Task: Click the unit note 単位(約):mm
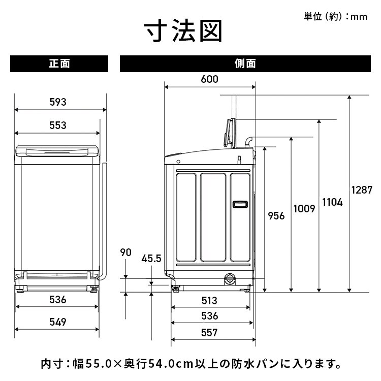point(335,16)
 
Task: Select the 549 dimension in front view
point(58,322)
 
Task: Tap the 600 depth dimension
point(209,79)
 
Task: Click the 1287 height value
point(362,189)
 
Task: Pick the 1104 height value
point(332,202)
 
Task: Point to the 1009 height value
point(304,208)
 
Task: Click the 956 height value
point(276,215)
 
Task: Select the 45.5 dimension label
point(151,259)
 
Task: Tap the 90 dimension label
point(126,252)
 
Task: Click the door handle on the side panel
point(239,204)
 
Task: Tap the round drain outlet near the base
point(230,278)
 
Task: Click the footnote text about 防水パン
point(190,364)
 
